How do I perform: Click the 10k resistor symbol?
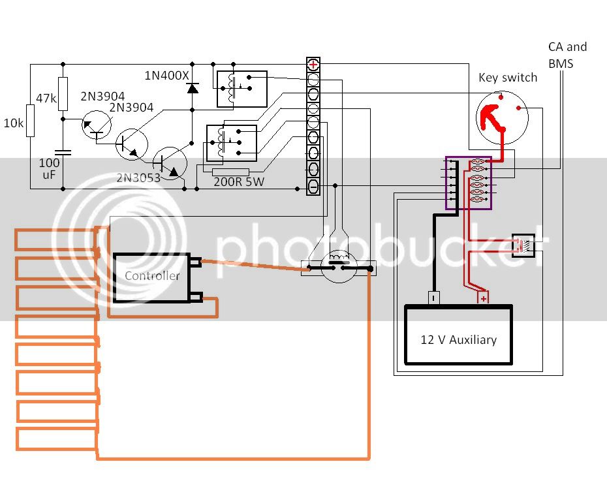pyautogui.click(x=30, y=121)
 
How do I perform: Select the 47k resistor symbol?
pyautogui.click(x=63, y=94)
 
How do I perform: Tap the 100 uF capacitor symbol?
pyautogui.click(x=63, y=153)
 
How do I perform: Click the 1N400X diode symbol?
pyautogui.click(x=193, y=88)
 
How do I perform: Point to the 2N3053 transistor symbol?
pyautogui.click(x=170, y=163)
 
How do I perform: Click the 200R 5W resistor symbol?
pyautogui.click(x=230, y=172)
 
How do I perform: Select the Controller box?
pyautogui.click(x=151, y=277)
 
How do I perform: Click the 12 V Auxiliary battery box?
pyautogui.click(x=458, y=335)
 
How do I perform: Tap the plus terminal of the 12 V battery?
pyautogui.click(x=483, y=298)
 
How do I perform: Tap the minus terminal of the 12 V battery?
pyautogui.click(x=433, y=298)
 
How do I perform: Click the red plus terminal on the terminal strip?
pyautogui.click(x=313, y=65)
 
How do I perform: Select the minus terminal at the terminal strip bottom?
pyautogui.click(x=313, y=187)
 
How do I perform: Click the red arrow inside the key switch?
pyautogui.click(x=491, y=118)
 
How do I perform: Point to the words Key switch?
pyautogui.click(x=508, y=78)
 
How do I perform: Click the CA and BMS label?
pyautogui.click(x=568, y=55)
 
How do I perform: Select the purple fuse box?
pyautogui.click(x=469, y=183)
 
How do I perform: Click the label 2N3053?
pyautogui.click(x=138, y=178)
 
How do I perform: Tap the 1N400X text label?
pyautogui.click(x=167, y=76)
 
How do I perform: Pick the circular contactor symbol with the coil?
pyautogui.click(x=339, y=267)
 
